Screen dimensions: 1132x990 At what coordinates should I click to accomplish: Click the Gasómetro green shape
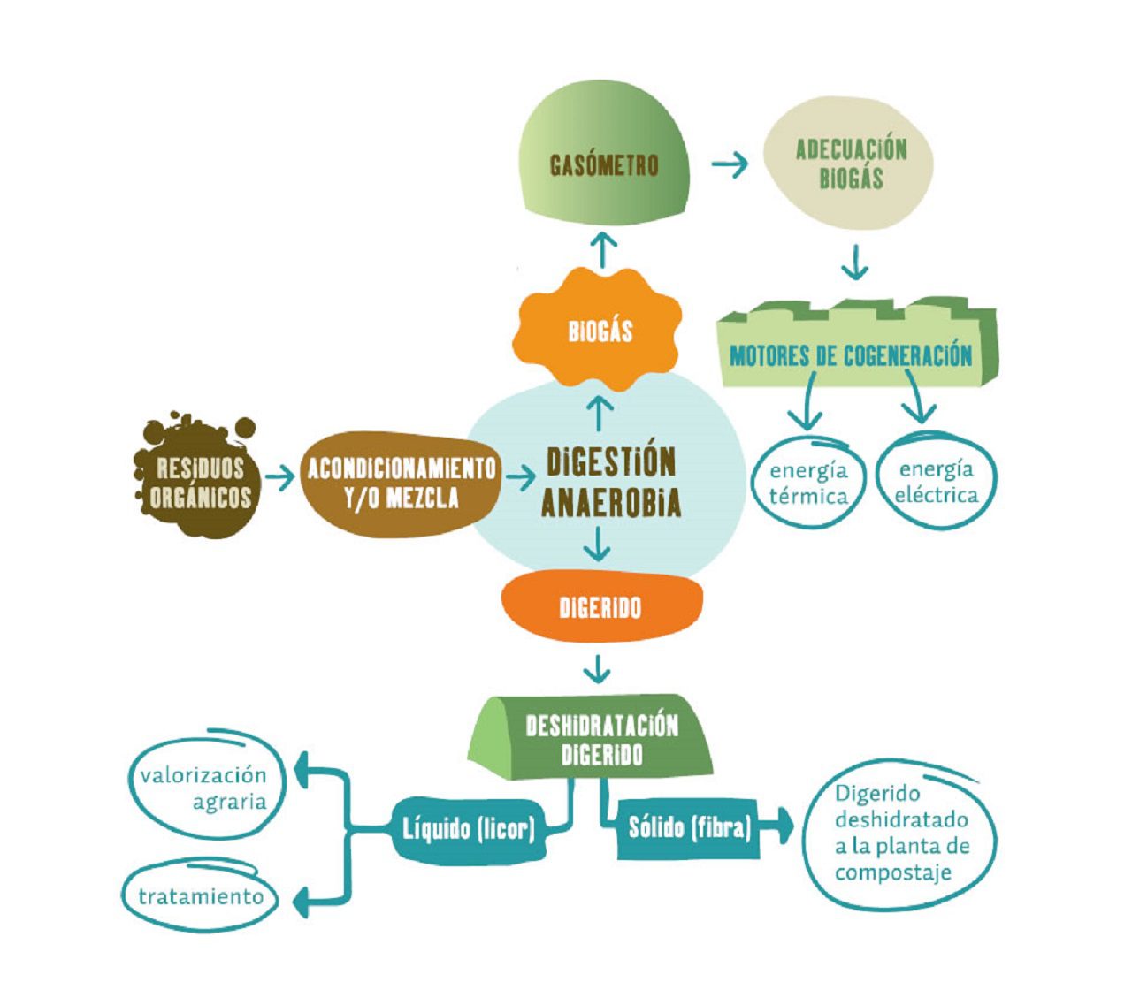(x=604, y=164)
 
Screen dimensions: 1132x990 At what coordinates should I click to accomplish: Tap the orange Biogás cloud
(x=598, y=331)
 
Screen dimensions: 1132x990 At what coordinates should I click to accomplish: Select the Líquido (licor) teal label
(x=469, y=830)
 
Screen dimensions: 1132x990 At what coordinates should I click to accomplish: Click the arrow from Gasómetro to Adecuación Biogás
(x=729, y=164)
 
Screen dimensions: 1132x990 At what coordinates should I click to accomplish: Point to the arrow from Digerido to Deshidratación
(x=597, y=668)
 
